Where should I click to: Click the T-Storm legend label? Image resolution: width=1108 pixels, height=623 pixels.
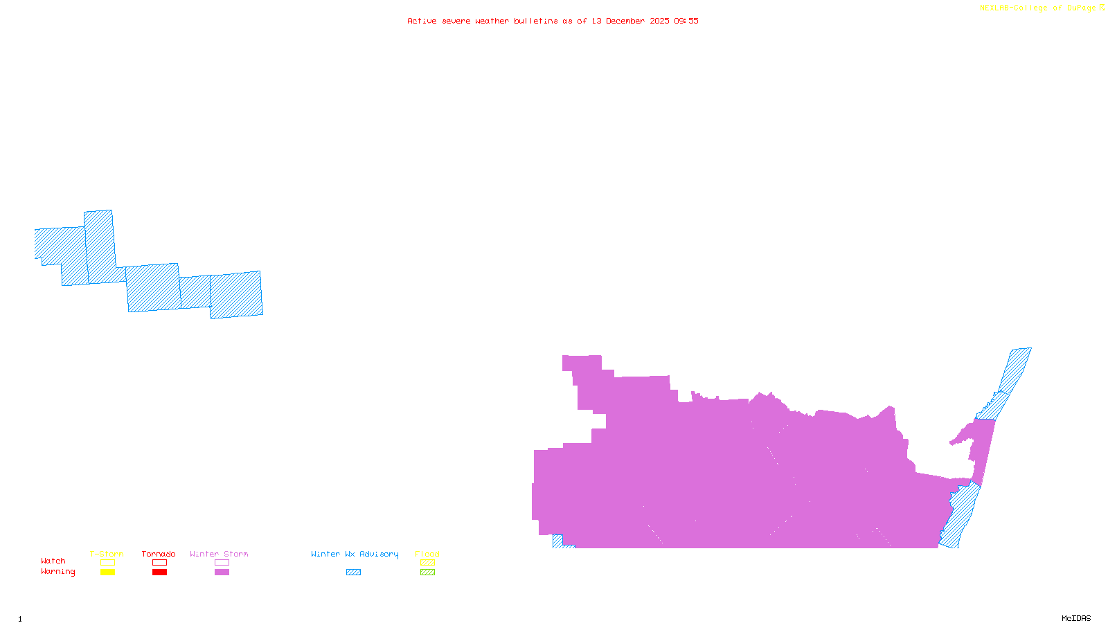click(107, 554)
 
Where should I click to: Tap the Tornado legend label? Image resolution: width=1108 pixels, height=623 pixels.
click(159, 554)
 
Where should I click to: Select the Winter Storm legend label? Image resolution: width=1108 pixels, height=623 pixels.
click(219, 554)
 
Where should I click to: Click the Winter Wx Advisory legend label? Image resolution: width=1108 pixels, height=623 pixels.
click(355, 554)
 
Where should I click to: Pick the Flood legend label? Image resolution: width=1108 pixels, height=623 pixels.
click(427, 554)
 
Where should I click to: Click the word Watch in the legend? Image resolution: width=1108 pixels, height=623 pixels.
click(53, 561)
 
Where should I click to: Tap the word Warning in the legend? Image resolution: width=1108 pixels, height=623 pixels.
click(58, 572)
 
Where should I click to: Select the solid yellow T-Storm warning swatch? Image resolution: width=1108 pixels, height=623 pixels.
click(107, 572)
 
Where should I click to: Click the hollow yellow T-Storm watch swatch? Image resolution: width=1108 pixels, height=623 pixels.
click(107, 563)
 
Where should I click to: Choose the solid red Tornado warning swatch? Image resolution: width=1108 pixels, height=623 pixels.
click(159, 572)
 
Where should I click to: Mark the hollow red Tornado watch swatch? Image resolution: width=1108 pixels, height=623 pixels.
click(159, 563)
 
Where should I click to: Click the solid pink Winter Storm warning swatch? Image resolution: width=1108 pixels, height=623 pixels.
click(222, 572)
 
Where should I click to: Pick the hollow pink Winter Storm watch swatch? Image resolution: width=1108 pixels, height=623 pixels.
click(222, 563)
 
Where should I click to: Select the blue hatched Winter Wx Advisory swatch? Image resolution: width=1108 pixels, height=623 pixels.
click(353, 572)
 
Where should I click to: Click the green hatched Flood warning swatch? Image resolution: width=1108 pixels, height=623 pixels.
click(427, 572)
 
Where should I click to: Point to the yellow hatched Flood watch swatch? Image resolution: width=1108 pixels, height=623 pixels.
click(427, 563)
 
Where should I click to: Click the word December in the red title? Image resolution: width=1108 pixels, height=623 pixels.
click(625, 21)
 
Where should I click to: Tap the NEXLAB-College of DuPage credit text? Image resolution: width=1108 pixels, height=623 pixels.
click(1038, 8)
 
